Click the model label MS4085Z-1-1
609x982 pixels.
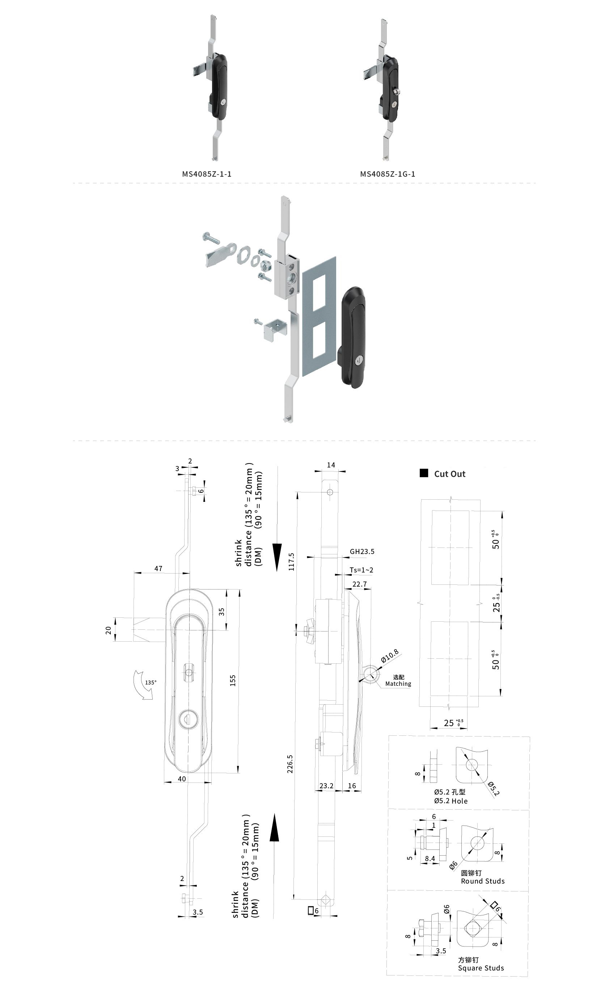click(207, 174)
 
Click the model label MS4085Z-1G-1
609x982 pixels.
click(388, 174)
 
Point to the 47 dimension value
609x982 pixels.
click(158, 568)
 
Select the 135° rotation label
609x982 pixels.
click(151, 683)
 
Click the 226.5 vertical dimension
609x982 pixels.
click(290, 764)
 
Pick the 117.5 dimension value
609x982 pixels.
click(291, 562)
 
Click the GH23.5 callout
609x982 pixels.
click(362, 551)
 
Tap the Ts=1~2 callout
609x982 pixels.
click(361, 570)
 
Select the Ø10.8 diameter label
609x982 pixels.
click(390, 656)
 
